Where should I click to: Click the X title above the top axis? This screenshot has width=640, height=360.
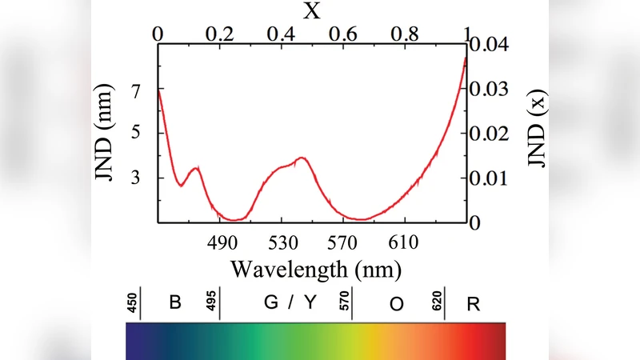[x=313, y=11]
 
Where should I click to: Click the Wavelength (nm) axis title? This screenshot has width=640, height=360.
[x=313, y=266]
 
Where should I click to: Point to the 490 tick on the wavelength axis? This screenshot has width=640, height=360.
[x=220, y=241]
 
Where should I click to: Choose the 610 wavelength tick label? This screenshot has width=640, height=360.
[x=404, y=241]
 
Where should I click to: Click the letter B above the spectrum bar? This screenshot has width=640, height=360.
[x=175, y=303]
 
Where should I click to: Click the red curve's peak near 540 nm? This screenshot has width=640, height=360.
[x=302, y=158]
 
